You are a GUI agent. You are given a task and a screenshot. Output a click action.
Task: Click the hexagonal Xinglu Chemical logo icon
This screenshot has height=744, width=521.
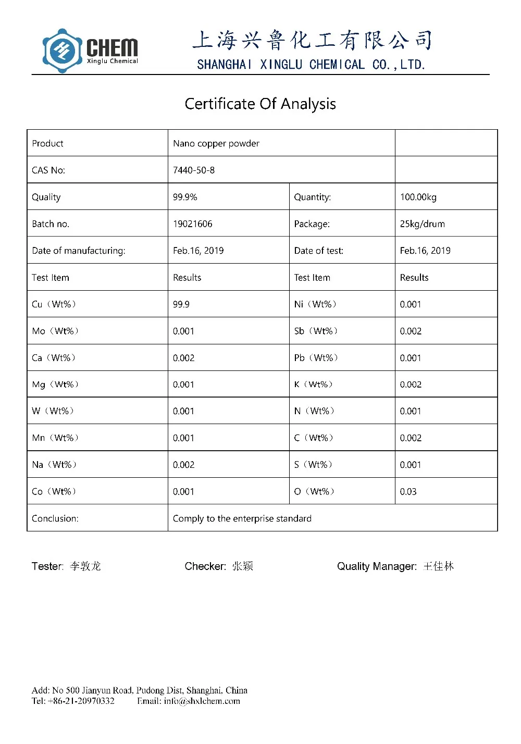(x=62, y=51)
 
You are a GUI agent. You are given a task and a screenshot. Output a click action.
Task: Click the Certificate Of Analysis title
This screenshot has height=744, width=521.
(x=260, y=104)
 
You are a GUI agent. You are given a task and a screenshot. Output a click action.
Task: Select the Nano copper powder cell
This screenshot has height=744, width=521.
(x=216, y=143)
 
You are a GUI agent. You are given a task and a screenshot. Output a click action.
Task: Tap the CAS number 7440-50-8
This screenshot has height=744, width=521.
(x=194, y=170)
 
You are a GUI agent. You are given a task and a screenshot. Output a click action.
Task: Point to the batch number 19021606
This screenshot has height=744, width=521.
(x=193, y=224)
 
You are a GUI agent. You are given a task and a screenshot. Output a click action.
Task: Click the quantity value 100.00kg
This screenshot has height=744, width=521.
(x=418, y=197)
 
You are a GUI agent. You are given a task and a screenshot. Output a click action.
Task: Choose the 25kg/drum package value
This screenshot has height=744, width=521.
(x=423, y=224)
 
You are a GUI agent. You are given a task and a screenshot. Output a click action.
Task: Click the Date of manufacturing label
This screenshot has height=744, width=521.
(x=79, y=251)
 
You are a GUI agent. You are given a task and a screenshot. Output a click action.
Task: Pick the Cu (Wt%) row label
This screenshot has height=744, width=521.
(x=54, y=304)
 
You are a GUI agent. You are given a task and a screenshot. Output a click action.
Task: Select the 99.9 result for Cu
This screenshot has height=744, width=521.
(x=181, y=304)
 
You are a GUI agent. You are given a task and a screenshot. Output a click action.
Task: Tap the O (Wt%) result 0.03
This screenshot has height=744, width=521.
(x=408, y=492)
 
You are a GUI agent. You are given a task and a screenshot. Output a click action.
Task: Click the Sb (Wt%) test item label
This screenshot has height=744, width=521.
(x=316, y=331)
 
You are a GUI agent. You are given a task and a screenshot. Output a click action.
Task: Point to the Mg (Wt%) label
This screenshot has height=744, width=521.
(x=55, y=385)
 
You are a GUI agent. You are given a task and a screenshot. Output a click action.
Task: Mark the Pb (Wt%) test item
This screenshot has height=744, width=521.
(x=316, y=358)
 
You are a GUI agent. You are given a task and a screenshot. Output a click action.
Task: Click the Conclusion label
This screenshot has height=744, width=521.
(x=55, y=518)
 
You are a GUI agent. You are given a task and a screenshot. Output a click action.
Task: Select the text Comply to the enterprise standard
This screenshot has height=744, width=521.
(x=242, y=518)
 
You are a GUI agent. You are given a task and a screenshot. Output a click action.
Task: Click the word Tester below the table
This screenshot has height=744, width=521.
(x=47, y=566)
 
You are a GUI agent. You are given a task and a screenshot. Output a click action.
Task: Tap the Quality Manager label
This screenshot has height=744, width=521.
(x=377, y=566)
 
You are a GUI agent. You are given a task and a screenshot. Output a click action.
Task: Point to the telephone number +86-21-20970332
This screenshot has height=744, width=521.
(x=81, y=701)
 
